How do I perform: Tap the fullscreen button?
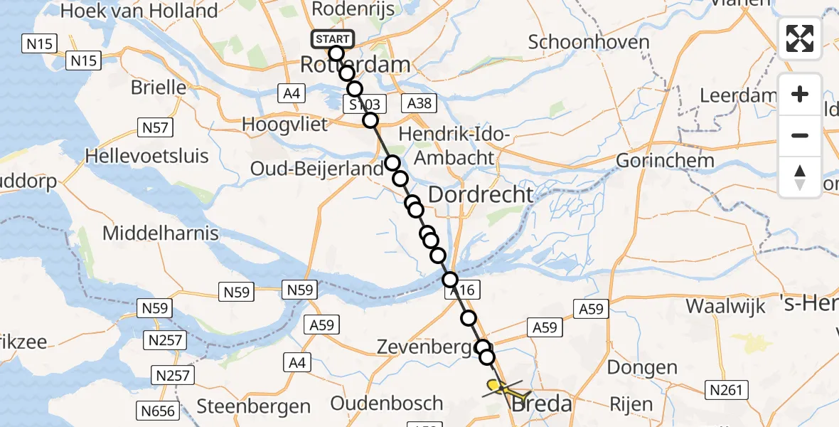coord(800,38)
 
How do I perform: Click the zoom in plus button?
coord(800,94)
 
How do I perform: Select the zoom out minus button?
coord(800,135)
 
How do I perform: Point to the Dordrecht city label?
coord(481,194)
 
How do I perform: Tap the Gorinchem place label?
coord(665,160)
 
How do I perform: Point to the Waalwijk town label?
coord(725,306)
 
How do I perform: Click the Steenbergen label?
coord(254,406)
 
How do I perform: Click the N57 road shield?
coord(154,128)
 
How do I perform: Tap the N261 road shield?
coord(726,389)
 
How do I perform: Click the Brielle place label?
coord(158,88)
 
